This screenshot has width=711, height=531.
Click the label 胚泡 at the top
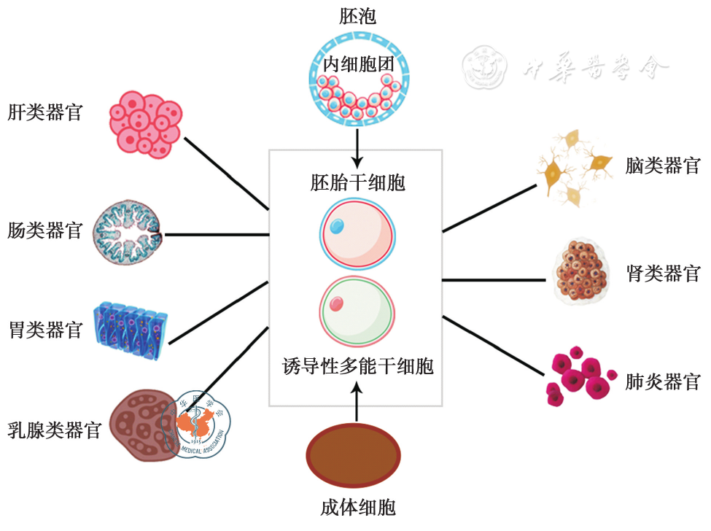pos(357,16)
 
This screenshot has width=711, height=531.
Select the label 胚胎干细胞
pos(357,182)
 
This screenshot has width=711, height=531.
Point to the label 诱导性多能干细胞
pos(357,365)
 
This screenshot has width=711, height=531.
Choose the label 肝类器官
pos(44,113)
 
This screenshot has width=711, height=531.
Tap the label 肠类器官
pos(44,232)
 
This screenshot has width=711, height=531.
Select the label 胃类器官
pos(44,330)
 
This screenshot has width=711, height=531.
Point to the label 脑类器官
pos(662,166)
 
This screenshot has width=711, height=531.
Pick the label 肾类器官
pos(662,274)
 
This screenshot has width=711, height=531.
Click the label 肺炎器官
pos(662,381)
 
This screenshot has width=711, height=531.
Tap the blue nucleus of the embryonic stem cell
pos(338,227)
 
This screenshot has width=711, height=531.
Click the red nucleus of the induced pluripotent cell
pos(337,303)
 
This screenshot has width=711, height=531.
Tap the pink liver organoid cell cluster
pos(145,124)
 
